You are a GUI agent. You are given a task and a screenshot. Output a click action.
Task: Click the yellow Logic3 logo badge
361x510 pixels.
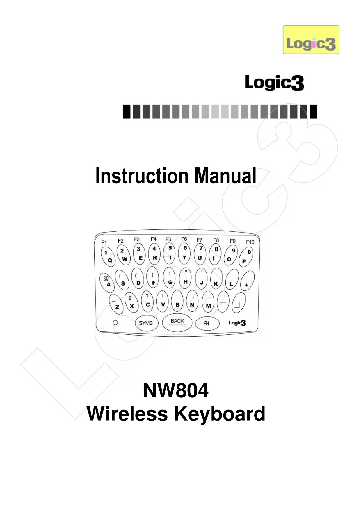(311, 40)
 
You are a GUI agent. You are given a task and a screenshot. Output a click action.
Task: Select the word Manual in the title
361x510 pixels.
(225, 176)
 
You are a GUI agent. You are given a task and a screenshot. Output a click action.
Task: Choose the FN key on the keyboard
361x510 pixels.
(207, 323)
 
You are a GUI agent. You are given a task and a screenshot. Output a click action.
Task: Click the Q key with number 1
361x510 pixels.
(108, 256)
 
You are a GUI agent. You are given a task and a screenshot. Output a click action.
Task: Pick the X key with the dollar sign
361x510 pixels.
(131, 303)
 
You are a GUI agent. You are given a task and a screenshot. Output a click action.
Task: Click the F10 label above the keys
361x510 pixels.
(250, 242)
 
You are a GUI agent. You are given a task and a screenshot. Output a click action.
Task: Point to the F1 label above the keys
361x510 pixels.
(104, 242)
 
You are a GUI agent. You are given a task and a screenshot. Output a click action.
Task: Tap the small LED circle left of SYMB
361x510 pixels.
(115, 323)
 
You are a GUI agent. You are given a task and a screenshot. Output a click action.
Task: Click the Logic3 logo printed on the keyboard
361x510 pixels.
(237, 323)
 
